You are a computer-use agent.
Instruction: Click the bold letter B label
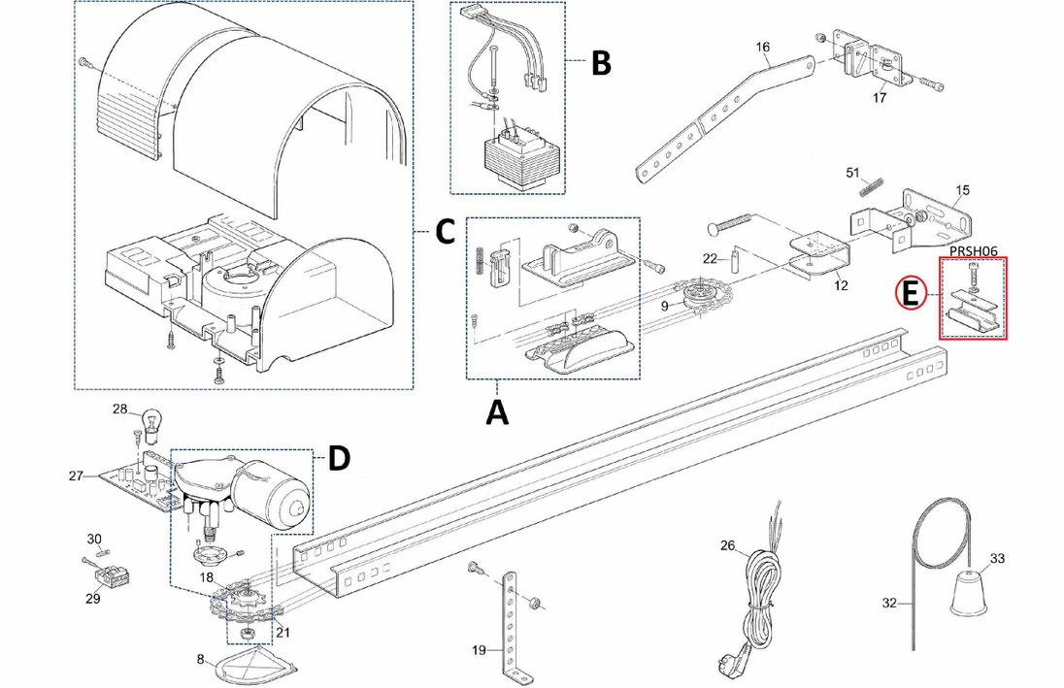[x=601, y=63]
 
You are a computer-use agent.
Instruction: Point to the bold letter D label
[x=338, y=459]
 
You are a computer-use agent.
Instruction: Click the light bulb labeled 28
[x=150, y=420]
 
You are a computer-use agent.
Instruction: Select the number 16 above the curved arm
[x=762, y=47]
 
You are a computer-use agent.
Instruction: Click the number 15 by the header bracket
[x=962, y=189]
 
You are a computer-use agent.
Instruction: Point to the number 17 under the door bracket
[x=880, y=98]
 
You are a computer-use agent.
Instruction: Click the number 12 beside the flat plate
[x=841, y=285]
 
